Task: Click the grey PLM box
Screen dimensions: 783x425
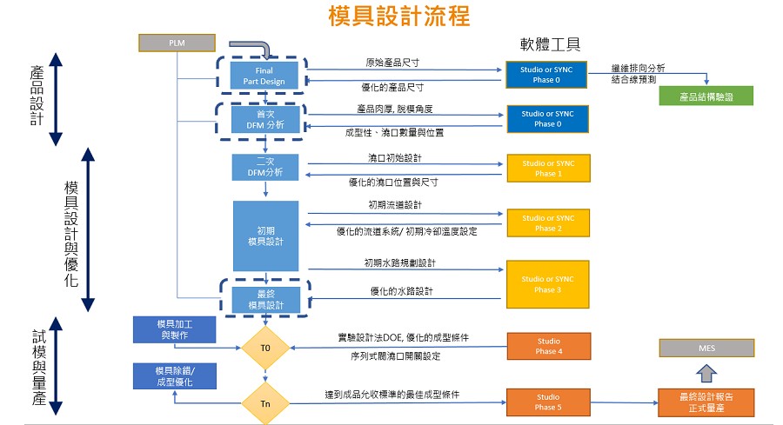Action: click(177, 43)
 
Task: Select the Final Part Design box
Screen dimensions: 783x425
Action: click(264, 76)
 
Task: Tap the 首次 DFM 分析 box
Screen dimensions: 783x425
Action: click(265, 120)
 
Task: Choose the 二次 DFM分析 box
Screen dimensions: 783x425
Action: click(265, 167)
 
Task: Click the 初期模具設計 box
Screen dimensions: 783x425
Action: click(265, 236)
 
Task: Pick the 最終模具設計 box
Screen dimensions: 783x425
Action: click(266, 300)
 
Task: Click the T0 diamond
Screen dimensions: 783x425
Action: click(265, 348)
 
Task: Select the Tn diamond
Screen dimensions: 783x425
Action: click(265, 403)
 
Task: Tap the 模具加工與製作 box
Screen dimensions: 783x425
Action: click(174, 329)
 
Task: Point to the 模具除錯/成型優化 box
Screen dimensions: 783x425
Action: click(175, 376)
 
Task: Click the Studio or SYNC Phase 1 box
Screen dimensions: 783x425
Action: click(548, 168)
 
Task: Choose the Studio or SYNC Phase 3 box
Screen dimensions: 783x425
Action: click(548, 284)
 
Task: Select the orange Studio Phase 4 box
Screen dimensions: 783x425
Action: click(549, 346)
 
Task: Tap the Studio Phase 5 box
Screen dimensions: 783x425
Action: click(548, 402)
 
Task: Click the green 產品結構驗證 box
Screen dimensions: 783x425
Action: click(706, 96)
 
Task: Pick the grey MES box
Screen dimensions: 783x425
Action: click(706, 349)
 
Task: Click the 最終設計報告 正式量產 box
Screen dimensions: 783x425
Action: click(706, 402)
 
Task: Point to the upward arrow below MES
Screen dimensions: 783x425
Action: click(706, 373)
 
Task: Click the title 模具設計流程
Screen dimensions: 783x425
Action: click(399, 16)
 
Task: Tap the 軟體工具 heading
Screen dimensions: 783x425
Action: click(550, 44)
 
